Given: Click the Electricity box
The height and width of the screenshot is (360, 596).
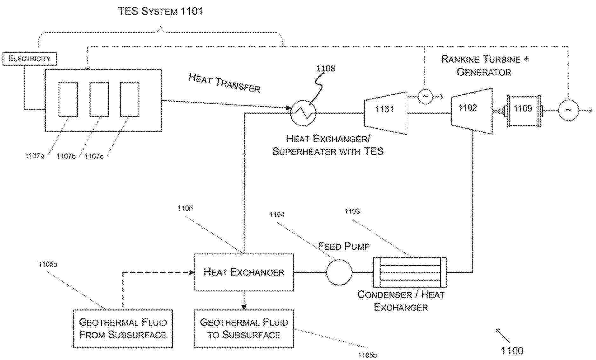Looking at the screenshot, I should point(29,59).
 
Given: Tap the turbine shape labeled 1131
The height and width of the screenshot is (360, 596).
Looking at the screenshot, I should point(385,113).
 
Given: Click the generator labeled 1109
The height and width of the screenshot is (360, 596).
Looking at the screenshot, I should point(523,111).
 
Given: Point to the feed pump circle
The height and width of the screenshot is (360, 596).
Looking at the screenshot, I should point(339,272).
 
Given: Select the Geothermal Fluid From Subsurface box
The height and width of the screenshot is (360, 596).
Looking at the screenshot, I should point(123,329).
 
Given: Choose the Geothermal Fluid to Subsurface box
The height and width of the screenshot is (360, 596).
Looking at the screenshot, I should point(244,329).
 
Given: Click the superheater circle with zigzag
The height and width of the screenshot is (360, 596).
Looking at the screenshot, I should point(303,112).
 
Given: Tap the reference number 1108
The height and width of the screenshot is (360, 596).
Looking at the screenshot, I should point(325,68).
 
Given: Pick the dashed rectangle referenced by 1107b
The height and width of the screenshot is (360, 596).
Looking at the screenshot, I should point(99,99).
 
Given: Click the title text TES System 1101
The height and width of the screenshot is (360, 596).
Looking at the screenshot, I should point(160,11).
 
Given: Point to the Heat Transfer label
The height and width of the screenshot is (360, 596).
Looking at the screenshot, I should point(224,83).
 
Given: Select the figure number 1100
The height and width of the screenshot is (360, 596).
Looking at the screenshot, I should point(512,350).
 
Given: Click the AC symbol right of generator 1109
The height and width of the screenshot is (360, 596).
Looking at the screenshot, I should point(568,110).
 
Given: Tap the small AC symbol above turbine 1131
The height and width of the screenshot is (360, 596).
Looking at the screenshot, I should point(425,96).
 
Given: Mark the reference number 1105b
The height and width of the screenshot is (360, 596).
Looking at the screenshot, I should point(367,355).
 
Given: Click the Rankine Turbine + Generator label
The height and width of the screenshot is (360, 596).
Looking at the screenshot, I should point(484,65).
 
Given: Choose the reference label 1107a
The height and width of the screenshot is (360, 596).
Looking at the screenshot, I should point(35,156).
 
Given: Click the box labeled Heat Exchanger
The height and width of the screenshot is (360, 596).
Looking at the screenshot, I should point(244,272).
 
